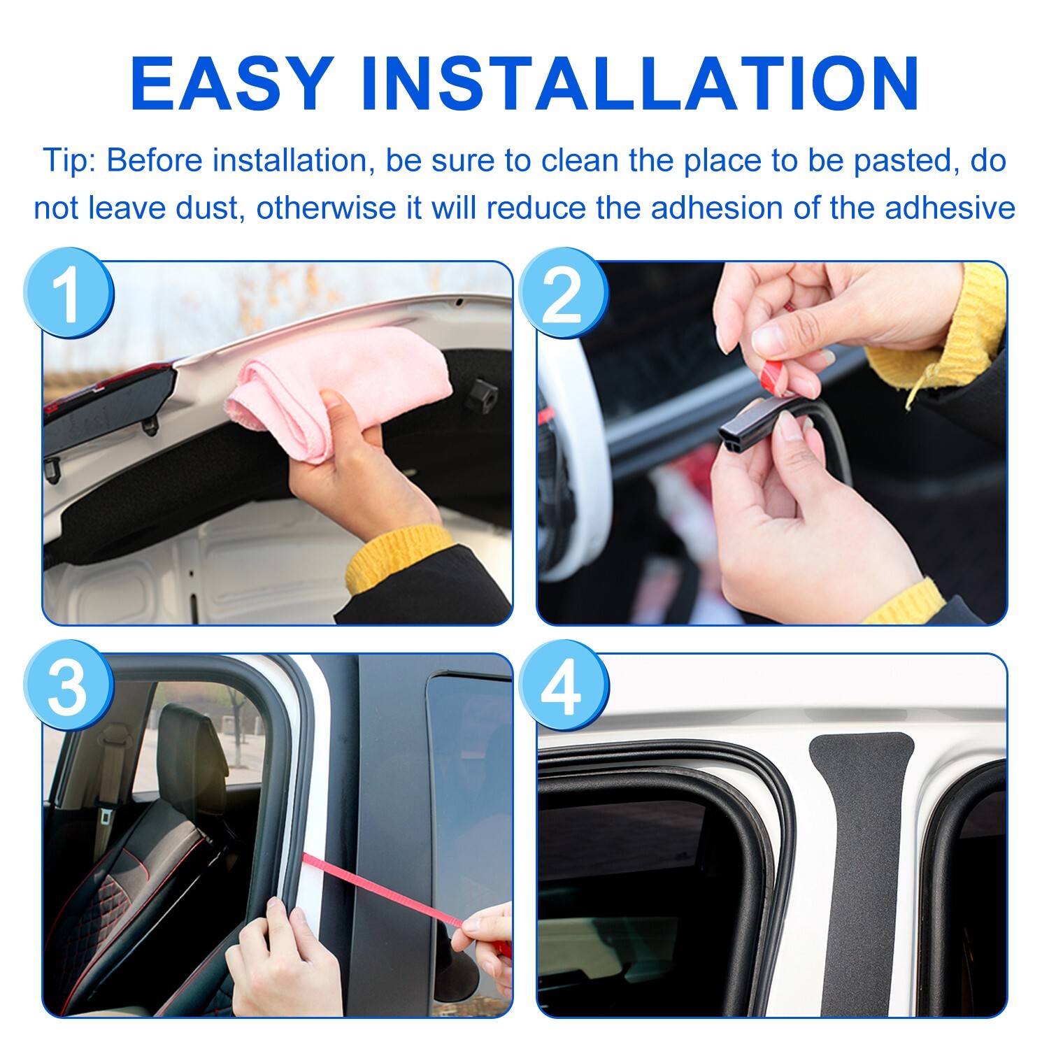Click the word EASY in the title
coord(231,84)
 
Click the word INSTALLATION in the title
coord(640,84)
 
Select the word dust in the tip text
coord(206,208)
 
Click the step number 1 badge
coord(68,294)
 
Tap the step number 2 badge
coord(563,294)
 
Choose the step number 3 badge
coord(68,685)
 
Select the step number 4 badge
coord(563,685)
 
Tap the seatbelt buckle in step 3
coord(106,815)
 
